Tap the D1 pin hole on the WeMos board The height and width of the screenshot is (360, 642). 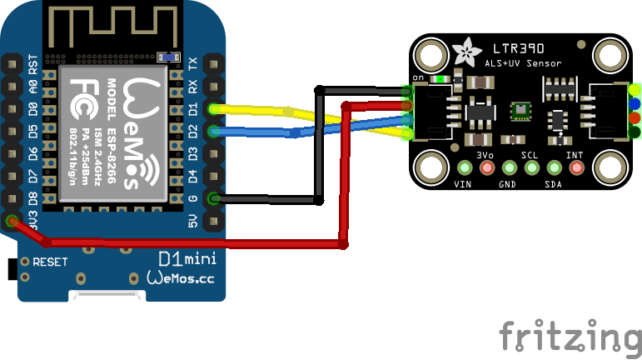pos(214,108)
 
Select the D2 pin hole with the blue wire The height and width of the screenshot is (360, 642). pos(214,131)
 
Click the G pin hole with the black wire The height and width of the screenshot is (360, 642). pos(214,198)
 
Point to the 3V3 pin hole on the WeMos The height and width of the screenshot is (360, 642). pos(12,221)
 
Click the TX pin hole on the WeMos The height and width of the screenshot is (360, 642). pos(214,63)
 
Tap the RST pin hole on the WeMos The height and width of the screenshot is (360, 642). pos(12,63)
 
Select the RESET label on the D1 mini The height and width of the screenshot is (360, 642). pos(50,262)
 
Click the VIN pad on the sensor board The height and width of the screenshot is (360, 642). pos(465,169)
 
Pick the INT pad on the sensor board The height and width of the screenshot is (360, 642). pos(574,169)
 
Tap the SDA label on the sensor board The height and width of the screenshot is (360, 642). pos(553,184)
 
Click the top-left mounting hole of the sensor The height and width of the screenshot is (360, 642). pos(432,57)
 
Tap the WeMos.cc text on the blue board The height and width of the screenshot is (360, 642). pos(180,279)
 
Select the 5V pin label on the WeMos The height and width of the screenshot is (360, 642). pos(194,221)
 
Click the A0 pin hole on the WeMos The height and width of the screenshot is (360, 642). pos(12,86)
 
